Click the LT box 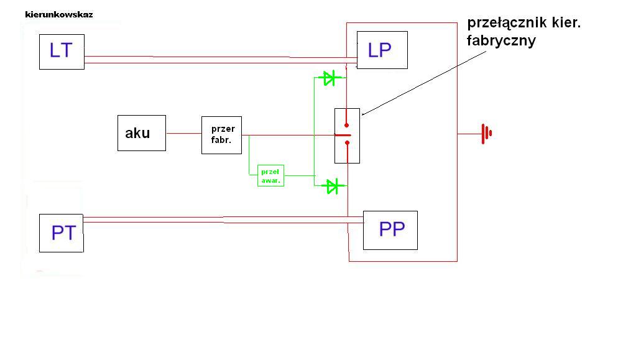pos(62,52)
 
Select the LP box pos(382,50)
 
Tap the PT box pos(61,233)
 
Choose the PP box pos(390,230)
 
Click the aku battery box pos(142,132)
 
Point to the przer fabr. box pos(222,134)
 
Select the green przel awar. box pos(270,176)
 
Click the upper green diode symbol pos(329,78)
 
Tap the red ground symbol pos(486,133)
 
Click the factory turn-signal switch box pos(347,136)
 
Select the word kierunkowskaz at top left pos(59,14)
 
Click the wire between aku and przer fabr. pos(183,133)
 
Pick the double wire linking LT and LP pos(218,60)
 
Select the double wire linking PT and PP pos(218,219)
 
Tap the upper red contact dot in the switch pos(347,124)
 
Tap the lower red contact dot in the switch pos(347,144)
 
